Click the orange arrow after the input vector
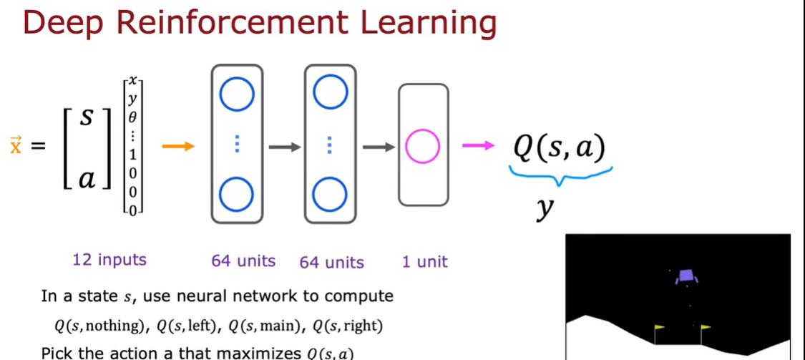click(179, 147)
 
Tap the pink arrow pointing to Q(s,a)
click(477, 147)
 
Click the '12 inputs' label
click(109, 260)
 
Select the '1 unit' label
click(424, 261)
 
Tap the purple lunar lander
click(686, 276)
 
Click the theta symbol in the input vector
click(132, 116)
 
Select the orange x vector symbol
click(15, 146)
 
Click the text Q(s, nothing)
click(99, 326)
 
